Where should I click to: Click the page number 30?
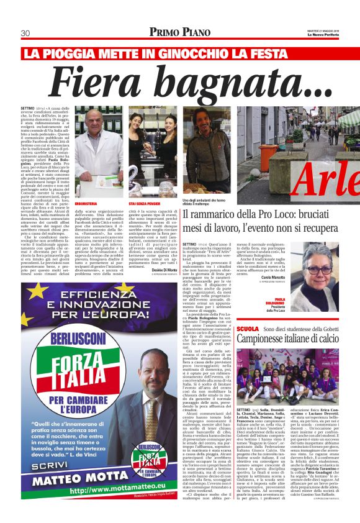(26, 33)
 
